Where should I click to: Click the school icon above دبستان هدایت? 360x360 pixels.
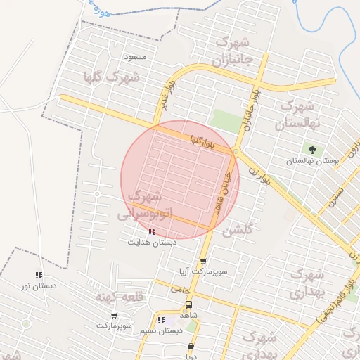(151, 231)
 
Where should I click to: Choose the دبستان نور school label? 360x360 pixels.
(39, 285)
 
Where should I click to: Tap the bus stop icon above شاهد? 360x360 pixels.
(188, 305)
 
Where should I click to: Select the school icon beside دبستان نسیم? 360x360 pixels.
(161, 321)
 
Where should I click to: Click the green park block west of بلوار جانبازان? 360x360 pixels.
(226, 120)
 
